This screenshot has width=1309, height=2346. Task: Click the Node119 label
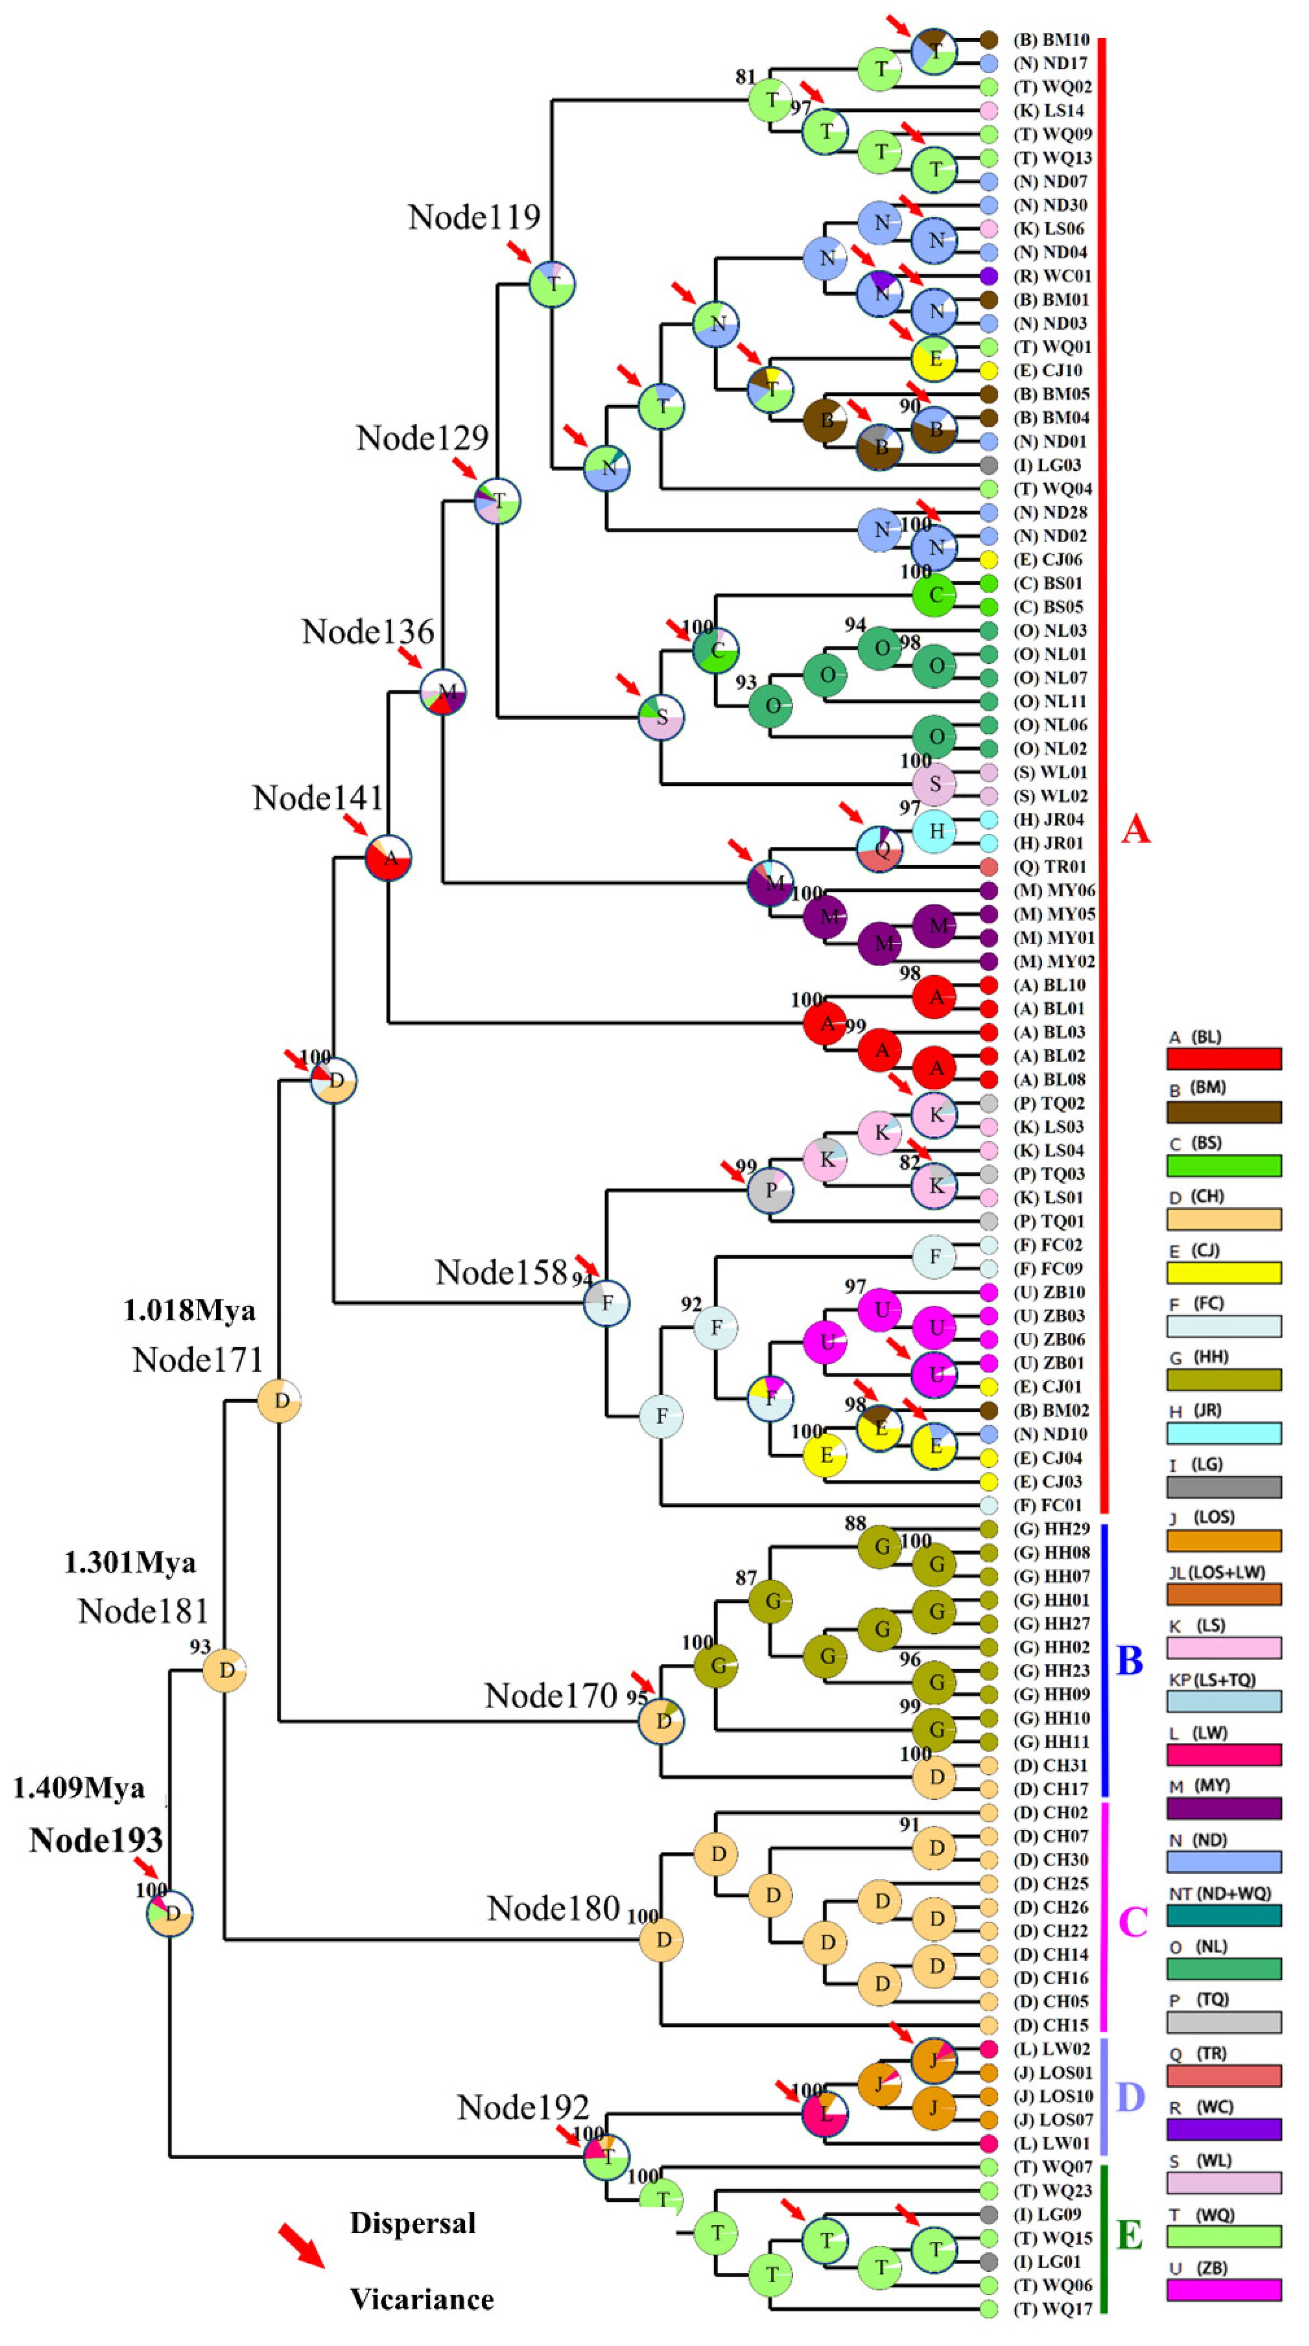(x=473, y=218)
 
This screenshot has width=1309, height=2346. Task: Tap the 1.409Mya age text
(x=79, y=1788)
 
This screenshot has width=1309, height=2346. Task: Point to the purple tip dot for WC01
(x=988, y=276)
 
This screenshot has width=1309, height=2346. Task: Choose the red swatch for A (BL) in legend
(x=1223, y=1058)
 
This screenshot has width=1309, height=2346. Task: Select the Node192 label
(x=523, y=2107)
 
